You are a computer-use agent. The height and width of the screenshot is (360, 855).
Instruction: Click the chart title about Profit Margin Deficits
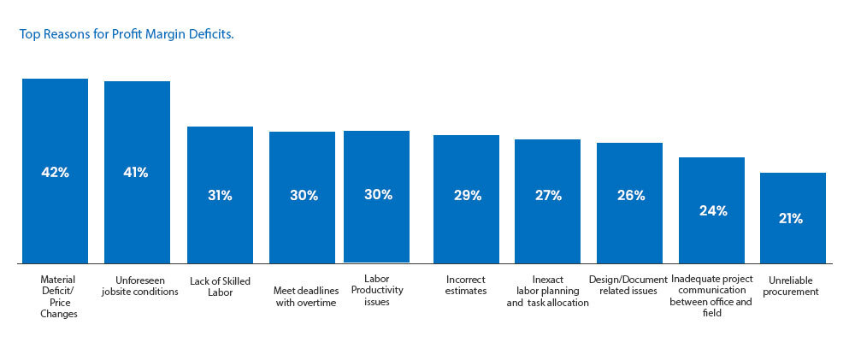point(127,34)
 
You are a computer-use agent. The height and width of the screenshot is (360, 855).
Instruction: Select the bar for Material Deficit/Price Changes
point(55,171)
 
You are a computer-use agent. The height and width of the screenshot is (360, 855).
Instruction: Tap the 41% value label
point(136,173)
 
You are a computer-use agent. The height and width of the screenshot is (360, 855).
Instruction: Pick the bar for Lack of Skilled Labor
point(220,195)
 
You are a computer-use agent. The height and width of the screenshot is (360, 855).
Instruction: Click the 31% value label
point(220,196)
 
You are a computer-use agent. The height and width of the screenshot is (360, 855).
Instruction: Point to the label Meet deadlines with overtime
point(305,297)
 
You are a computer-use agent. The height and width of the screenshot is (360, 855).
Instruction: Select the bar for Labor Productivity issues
point(376,197)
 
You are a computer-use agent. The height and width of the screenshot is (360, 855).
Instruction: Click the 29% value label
point(468,196)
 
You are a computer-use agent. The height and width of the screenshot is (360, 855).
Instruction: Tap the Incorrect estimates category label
point(466,286)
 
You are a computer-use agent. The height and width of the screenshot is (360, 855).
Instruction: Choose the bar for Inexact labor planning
point(547,201)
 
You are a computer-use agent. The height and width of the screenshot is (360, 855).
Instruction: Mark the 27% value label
point(548,196)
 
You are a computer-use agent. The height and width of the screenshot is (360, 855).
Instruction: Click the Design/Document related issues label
point(628,286)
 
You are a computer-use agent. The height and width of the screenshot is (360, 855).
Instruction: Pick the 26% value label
point(631,196)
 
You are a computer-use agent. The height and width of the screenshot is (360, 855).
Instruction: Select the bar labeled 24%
point(711,210)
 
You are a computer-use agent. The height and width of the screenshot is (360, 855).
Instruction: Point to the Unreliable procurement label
point(793,286)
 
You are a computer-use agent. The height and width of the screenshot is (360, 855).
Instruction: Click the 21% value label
point(790,219)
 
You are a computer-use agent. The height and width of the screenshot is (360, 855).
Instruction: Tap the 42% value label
point(55,173)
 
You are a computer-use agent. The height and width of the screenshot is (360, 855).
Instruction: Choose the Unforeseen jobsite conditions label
point(139,286)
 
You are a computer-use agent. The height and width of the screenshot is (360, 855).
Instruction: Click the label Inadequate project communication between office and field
point(711,296)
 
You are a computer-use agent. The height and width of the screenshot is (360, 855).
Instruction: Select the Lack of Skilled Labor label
point(220,287)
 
